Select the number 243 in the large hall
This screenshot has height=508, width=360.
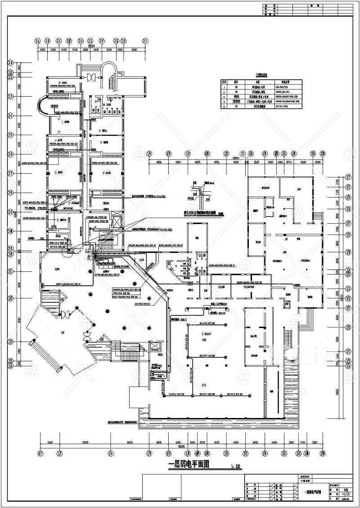[204, 385]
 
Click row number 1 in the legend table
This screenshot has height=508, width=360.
[224, 87]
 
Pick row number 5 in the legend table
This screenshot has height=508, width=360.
[224, 107]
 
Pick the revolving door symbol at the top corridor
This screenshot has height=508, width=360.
[93, 76]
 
